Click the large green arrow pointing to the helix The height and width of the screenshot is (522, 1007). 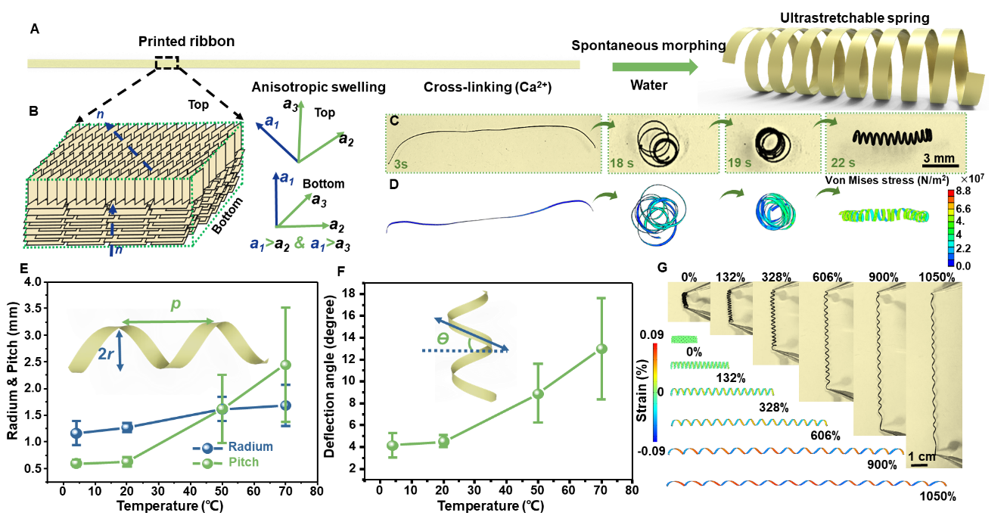click(654, 67)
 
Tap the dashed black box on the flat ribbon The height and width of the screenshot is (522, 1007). click(167, 63)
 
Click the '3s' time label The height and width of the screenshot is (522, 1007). click(400, 163)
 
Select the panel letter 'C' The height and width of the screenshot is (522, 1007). click(394, 121)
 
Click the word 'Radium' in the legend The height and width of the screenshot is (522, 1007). click(250, 446)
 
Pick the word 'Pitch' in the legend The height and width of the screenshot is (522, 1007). click(243, 461)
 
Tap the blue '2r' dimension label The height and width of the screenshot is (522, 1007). click(108, 353)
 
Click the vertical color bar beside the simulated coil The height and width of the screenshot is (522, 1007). click(951, 227)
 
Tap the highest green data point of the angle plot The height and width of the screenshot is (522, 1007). click(601, 348)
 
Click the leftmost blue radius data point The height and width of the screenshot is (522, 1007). click(76, 433)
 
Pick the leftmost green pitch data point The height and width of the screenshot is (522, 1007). click(76, 462)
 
